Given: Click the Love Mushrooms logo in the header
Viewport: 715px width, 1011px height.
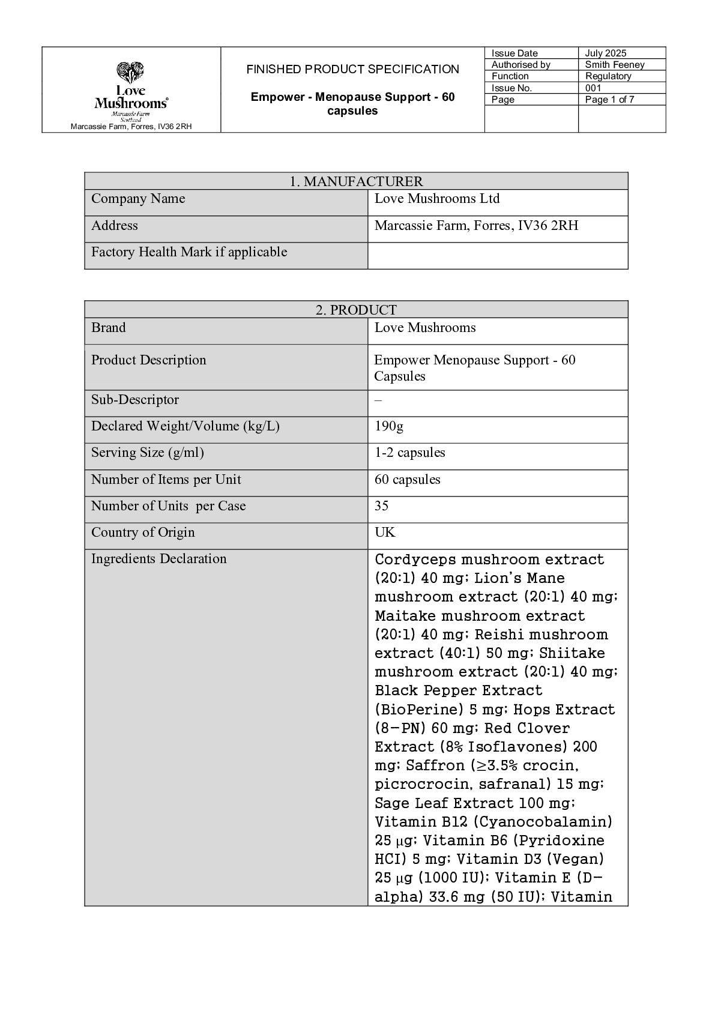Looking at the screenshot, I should (x=131, y=90).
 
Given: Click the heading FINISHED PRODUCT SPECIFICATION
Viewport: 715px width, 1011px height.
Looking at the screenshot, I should (x=352, y=70).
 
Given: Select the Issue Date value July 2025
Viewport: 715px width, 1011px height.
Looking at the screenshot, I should (x=606, y=53).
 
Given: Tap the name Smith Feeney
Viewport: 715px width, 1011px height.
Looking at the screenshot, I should (x=614, y=65).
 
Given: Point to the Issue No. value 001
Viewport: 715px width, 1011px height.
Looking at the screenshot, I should (x=593, y=88).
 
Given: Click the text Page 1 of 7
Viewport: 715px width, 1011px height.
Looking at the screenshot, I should (x=609, y=100).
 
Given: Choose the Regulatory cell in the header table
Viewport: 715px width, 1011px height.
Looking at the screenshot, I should (x=608, y=76).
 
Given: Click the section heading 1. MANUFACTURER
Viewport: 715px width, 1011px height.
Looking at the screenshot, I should (x=356, y=181).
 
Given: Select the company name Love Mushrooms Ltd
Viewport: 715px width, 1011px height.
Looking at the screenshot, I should (x=437, y=199).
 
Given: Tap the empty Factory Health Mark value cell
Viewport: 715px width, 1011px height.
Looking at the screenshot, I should (x=497, y=255).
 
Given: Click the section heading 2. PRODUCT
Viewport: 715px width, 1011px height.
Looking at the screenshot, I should (x=356, y=310).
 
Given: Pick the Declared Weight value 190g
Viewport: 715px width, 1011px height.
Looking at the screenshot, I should (x=389, y=426).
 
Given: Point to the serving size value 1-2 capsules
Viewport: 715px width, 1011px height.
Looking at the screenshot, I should (x=410, y=453).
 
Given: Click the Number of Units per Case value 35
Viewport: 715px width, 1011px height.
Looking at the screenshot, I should (x=382, y=506).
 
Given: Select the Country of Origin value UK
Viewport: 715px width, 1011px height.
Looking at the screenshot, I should (x=385, y=533).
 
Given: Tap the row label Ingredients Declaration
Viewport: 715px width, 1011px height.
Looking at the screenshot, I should (x=158, y=559).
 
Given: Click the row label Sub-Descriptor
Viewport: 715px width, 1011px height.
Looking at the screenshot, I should (x=135, y=400).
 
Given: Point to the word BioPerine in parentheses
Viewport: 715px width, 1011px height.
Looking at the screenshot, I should (x=418, y=710).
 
